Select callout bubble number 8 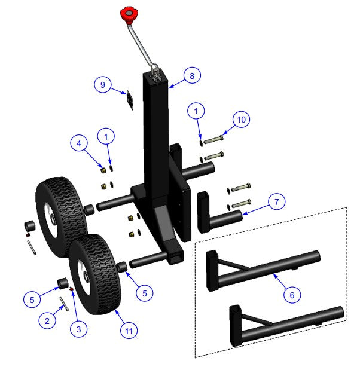192,76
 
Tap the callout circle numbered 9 103,85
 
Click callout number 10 241,120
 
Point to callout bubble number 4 78,143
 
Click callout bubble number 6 291,294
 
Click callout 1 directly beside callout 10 196,111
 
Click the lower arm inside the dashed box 281,320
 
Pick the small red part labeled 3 72,290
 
